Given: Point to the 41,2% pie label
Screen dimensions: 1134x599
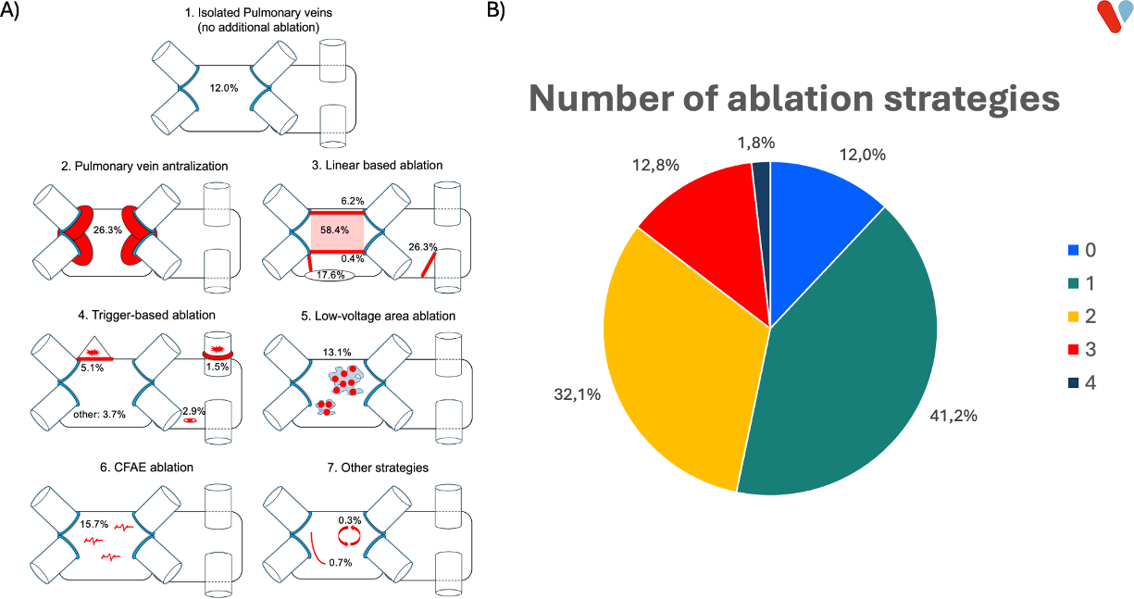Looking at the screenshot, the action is coord(953,416).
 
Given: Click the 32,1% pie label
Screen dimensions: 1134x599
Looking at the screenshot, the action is coord(577,393).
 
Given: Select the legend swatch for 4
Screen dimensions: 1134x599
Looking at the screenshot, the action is coord(1073,382).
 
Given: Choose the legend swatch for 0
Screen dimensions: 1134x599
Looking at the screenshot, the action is coord(1073,250).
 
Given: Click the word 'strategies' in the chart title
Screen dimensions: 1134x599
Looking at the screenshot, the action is coord(972,99).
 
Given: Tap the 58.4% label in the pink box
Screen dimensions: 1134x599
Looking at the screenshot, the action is coord(334,230).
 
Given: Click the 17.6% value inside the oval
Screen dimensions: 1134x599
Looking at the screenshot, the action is coord(330,275).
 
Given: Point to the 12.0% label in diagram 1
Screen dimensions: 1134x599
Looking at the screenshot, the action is coord(224,88).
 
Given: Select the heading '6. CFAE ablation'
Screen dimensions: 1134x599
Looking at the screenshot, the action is coord(146,467).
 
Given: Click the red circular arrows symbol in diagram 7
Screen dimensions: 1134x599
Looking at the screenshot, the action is coord(349,536).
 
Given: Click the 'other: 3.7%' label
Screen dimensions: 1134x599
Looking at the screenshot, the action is coord(99,414).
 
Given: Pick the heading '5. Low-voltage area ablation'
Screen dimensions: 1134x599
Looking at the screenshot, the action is coord(378,316).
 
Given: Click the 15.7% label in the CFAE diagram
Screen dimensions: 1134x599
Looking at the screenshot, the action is coord(94,524).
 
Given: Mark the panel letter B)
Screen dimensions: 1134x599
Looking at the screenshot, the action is coord(495,10).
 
